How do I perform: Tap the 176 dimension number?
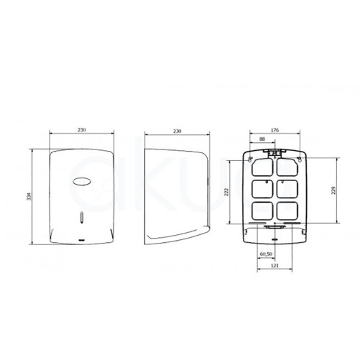point(273,129)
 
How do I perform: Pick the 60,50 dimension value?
point(267,254)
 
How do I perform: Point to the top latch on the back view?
point(273,150)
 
